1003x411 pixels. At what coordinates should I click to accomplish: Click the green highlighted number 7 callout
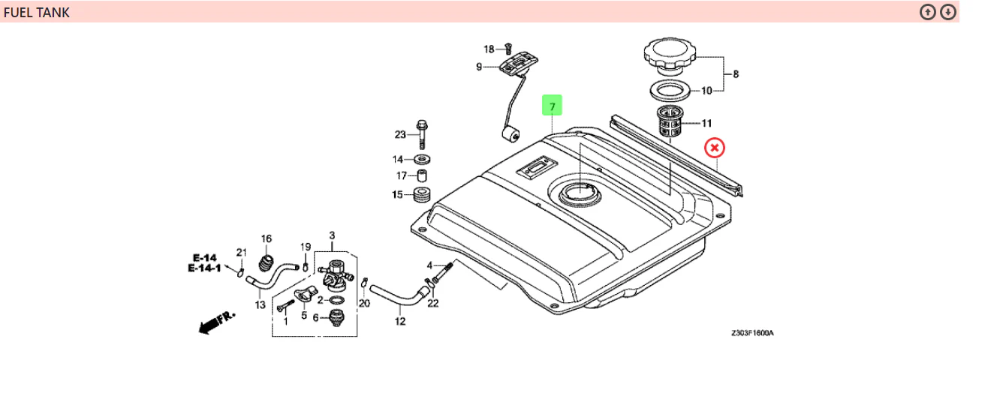552,105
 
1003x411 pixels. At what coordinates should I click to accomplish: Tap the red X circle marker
714,148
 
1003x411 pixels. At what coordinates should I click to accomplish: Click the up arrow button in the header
928,12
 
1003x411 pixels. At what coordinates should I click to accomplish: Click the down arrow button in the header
948,12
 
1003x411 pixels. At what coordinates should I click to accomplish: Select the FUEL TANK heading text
37,13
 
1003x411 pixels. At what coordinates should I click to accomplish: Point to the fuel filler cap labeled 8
670,55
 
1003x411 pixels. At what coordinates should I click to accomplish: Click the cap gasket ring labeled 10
670,91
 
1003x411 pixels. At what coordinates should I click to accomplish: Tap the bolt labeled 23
422,134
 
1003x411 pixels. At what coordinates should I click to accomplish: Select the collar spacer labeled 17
422,175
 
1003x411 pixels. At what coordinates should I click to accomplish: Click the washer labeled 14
422,159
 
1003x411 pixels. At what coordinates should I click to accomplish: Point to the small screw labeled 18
508,48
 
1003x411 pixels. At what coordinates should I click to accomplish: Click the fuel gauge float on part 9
511,134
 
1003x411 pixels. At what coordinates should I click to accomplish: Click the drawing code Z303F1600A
752,333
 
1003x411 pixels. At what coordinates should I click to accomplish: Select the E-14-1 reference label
204,268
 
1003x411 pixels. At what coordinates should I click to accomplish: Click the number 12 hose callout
400,321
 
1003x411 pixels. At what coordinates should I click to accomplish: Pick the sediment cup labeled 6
337,317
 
